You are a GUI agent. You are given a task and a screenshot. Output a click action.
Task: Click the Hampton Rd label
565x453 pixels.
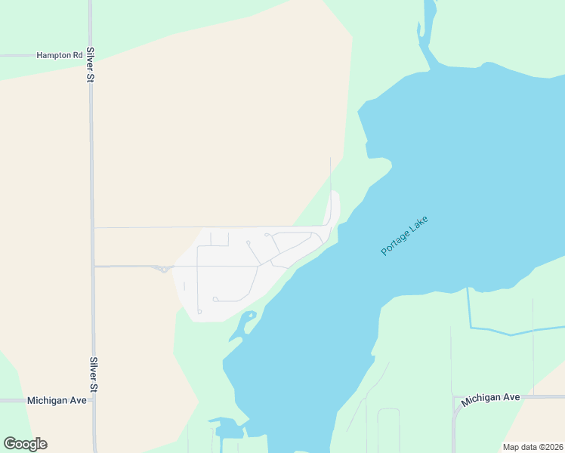coord(60,55)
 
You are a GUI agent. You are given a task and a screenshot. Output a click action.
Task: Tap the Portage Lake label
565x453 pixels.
coord(404,236)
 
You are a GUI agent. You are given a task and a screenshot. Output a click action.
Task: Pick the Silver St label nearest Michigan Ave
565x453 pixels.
coord(94,374)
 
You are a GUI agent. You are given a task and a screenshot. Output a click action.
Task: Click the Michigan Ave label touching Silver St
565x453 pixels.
coord(57,400)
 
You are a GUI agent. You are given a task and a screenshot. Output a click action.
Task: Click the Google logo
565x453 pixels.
coord(25,444)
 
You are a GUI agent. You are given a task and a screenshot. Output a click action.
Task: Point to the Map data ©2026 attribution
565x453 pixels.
coord(533,447)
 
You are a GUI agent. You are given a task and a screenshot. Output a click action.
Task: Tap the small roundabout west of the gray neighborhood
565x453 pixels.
coord(163,269)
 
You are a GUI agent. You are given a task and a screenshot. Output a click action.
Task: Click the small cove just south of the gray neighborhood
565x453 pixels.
coord(243,325)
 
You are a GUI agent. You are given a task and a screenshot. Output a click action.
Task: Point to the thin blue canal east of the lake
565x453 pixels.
coord(514,331)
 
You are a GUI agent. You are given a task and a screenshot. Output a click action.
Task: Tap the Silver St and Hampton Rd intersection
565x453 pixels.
coord(90,55)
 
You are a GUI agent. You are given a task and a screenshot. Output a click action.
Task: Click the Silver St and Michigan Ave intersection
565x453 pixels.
coord(94,400)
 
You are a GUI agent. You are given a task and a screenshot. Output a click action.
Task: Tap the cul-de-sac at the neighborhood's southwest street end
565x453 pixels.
coord(199,311)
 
